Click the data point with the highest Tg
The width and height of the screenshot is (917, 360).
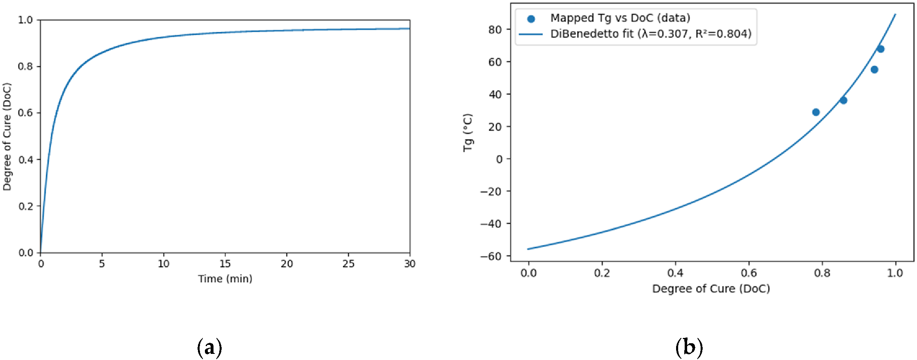[x=880, y=49]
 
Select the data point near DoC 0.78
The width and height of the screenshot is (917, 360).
[x=816, y=112]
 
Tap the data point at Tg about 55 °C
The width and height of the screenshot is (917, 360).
[x=874, y=70]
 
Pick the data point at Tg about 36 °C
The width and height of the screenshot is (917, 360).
[x=843, y=100]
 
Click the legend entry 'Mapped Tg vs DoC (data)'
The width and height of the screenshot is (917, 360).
[x=620, y=18]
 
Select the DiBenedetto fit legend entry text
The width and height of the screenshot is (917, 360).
[x=651, y=34]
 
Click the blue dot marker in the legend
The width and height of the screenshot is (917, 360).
[x=531, y=18]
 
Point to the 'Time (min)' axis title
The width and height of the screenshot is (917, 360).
[x=225, y=279]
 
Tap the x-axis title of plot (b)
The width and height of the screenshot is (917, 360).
[x=711, y=288]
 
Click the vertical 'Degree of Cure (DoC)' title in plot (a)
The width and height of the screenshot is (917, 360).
[x=7, y=137]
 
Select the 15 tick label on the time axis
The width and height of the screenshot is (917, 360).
[x=225, y=264]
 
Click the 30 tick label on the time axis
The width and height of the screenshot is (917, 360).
[x=409, y=264]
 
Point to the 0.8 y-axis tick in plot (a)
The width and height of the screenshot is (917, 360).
[x=25, y=66]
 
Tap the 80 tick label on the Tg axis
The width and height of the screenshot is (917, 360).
[x=495, y=29]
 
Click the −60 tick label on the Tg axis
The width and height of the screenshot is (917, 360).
[x=490, y=256]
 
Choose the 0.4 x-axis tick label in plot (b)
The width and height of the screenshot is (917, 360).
[x=675, y=273]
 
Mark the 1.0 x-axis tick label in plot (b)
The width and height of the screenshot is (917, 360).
[x=895, y=273]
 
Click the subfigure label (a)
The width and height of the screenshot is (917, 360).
[x=209, y=347]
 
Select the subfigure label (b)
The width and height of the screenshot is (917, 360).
[x=689, y=347]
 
